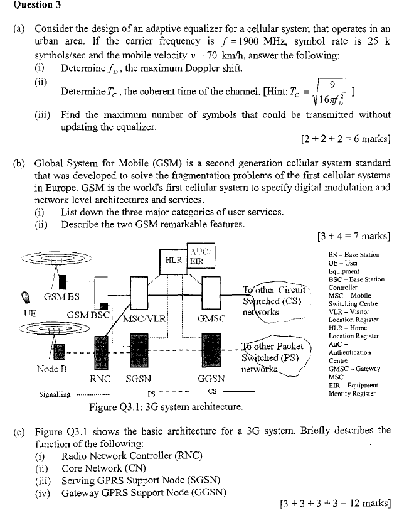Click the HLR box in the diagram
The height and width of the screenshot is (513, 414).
(x=173, y=259)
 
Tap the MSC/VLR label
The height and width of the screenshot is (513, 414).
(x=145, y=318)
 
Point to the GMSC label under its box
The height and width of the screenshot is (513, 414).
(x=211, y=318)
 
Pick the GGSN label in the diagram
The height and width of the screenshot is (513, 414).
(x=211, y=379)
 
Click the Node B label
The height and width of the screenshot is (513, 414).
(x=52, y=369)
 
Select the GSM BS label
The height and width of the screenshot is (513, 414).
(x=61, y=296)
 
